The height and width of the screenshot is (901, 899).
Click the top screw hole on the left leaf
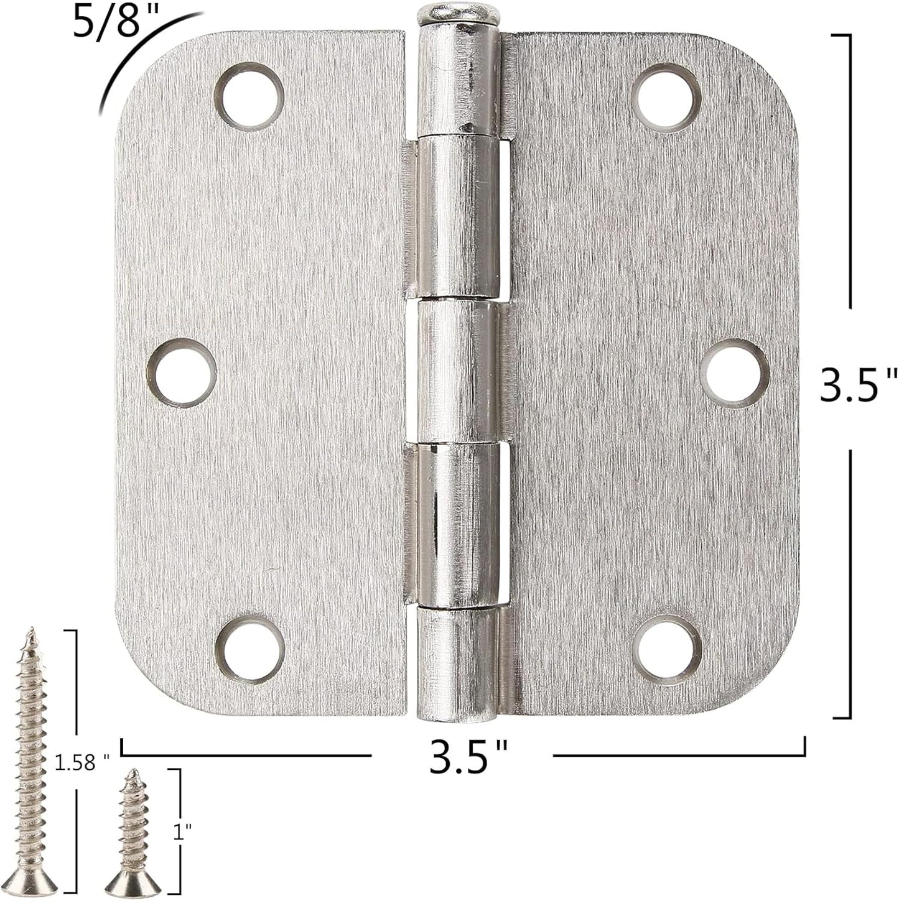coord(249,97)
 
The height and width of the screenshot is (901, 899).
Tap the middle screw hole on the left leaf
coord(185,374)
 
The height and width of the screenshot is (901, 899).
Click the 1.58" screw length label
coord(81,762)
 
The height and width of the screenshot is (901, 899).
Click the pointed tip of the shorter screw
coord(131,773)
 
